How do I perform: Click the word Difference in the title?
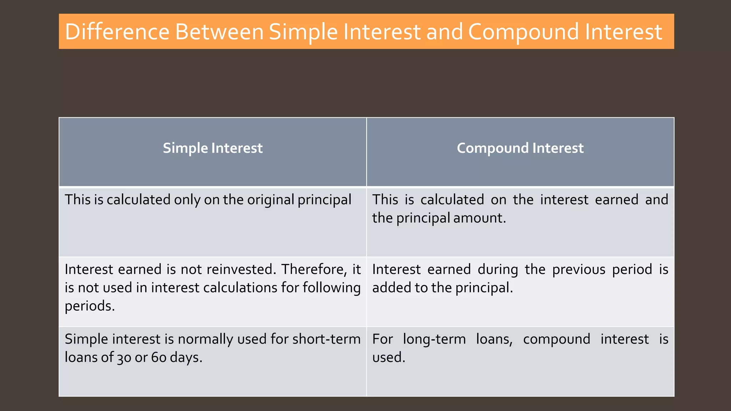point(117,32)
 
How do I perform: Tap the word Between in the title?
point(219,32)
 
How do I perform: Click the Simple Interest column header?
point(213,148)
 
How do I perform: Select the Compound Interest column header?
point(520,148)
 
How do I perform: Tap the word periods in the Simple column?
point(89,306)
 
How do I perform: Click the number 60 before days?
point(158,357)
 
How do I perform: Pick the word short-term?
point(326,339)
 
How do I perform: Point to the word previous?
point(579,269)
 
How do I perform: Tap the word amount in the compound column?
point(479,218)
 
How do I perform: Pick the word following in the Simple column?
point(332,288)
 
